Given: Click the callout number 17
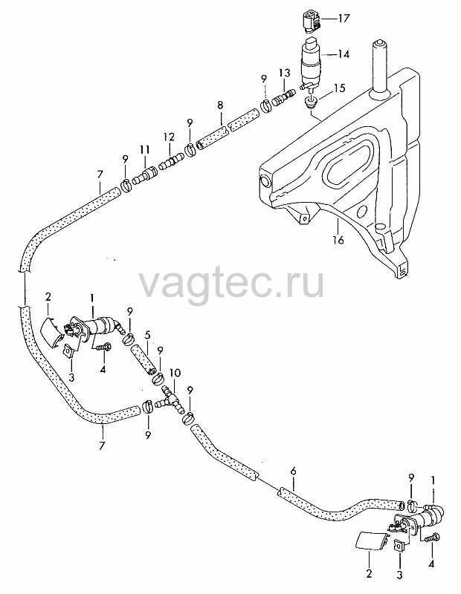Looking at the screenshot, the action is (344, 18).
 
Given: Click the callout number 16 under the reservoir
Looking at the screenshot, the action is (338, 240).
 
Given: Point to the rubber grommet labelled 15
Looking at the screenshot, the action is (311, 102).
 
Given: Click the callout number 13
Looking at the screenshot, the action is (284, 73).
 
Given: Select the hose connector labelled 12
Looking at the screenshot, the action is (170, 163).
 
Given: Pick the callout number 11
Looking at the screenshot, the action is (144, 150).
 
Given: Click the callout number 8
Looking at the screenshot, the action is (220, 105).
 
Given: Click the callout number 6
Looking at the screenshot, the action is (293, 471).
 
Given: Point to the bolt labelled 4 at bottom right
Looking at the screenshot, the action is (432, 537).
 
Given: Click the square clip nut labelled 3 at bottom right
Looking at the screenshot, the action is (399, 546).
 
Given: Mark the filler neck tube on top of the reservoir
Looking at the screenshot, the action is (380, 68).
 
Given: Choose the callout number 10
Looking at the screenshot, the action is (175, 373).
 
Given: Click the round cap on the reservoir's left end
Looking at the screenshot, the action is (264, 181).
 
